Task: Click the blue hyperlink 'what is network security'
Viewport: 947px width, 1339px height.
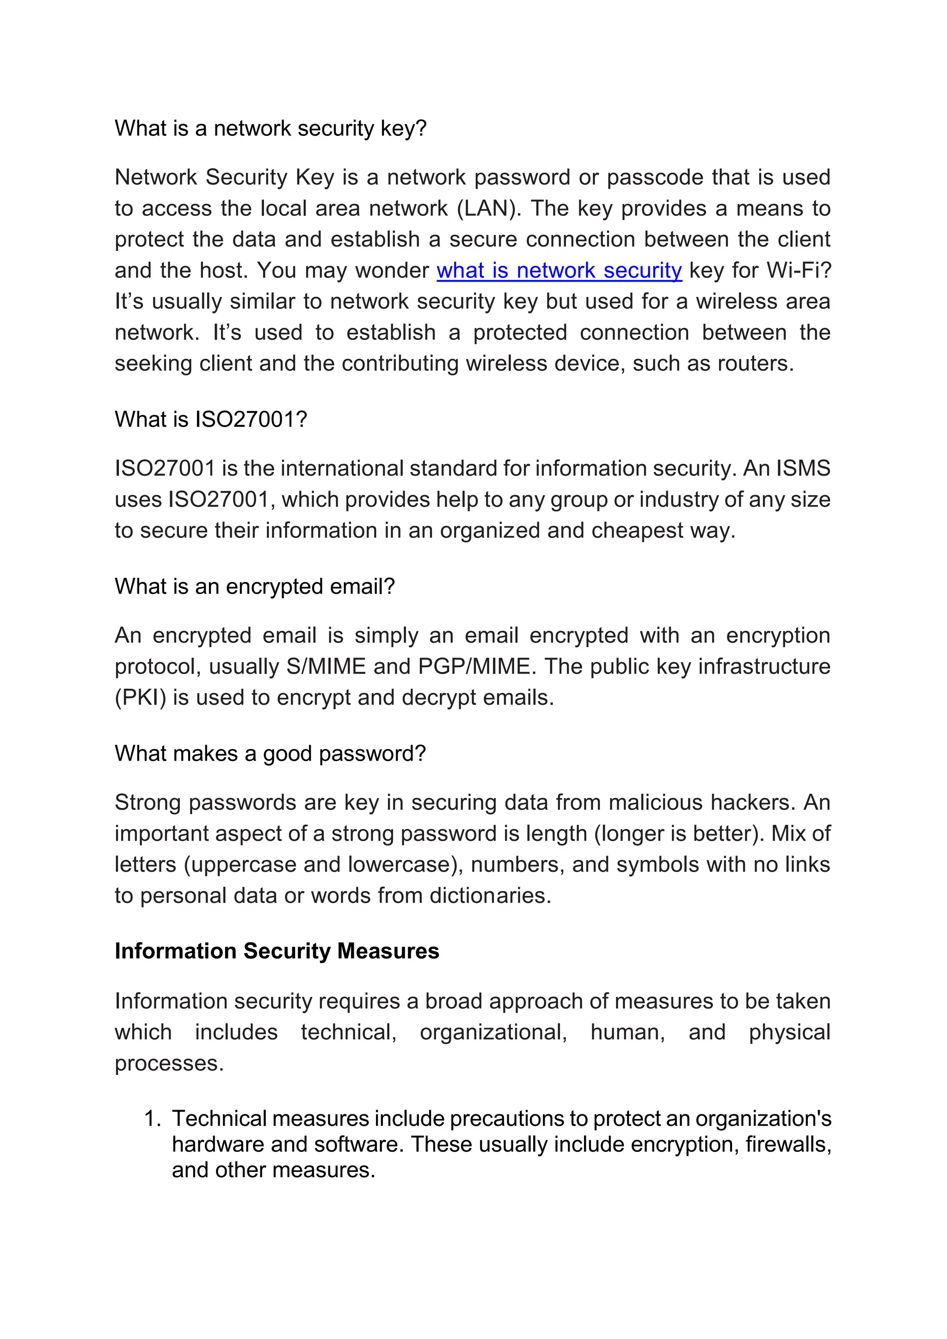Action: pos(559,270)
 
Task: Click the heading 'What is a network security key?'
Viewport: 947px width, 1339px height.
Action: pos(271,128)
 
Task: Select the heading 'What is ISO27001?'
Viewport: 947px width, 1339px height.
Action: pos(210,419)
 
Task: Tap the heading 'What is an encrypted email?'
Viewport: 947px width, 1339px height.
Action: pos(255,586)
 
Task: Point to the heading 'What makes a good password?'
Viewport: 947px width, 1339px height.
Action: pos(270,754)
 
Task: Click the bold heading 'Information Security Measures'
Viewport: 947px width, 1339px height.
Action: pos(277,951)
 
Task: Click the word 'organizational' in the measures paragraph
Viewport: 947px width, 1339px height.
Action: pos(493,1033)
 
